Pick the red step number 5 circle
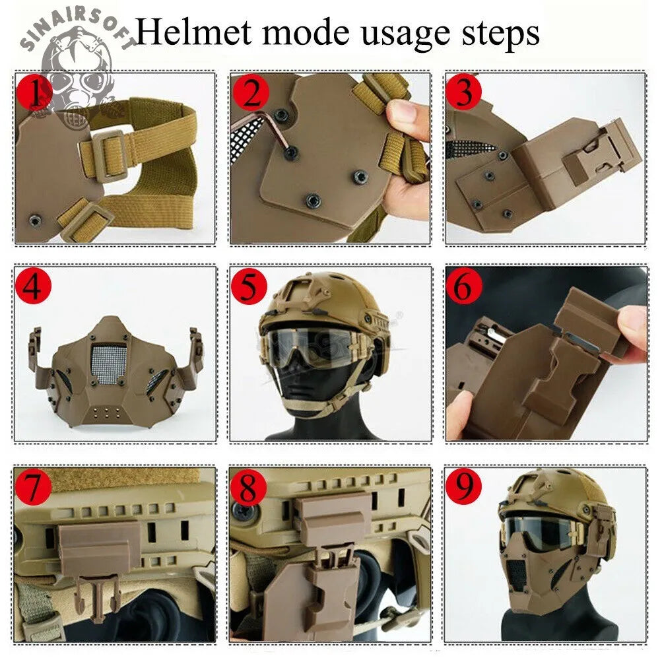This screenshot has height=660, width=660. coord(250,287)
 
